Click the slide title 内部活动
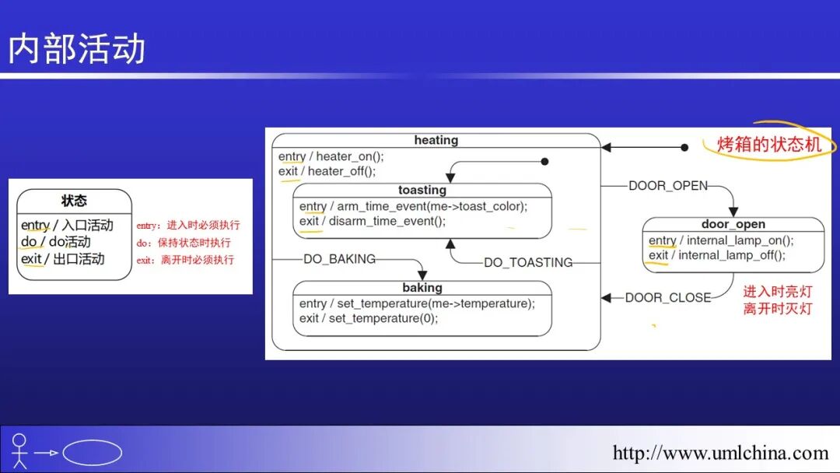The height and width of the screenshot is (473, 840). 77,48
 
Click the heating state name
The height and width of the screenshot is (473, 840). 436,140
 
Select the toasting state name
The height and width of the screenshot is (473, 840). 422,190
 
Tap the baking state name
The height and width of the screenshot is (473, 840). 422,288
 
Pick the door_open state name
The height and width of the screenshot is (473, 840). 733,224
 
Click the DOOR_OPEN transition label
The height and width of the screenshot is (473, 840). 668,185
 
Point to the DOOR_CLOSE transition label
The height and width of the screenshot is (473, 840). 667,297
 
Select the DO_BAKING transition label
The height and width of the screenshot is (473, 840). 339,259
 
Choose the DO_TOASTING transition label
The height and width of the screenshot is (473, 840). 528,263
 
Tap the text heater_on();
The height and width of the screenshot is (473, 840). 350,156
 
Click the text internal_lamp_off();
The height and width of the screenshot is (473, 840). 732,255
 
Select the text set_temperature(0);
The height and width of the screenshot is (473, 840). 383,318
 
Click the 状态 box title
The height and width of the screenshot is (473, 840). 74,201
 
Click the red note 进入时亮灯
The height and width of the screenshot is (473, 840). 777,292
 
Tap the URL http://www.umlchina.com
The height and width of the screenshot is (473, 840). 720,453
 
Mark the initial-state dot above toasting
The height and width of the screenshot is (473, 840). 544,162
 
